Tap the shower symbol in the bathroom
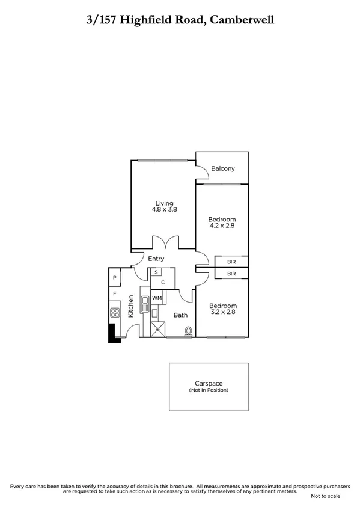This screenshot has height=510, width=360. (x=160, y=329)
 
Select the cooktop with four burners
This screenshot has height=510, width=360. (x=115, y=312)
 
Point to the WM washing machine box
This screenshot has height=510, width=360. (x=156, y=298)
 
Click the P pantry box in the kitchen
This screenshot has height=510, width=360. (x=115, y=277)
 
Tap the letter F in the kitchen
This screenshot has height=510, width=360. (x=114, y=294)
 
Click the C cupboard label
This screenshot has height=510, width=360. (x=162, y=281)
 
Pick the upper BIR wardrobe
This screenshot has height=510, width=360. (x=231, y=262)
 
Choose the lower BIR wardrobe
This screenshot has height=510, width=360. (x=231, y=273)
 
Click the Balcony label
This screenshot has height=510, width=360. (x=223, y=169)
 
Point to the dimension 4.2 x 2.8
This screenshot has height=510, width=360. (x=222, y=226)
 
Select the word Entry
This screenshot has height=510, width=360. (x=156, y=259)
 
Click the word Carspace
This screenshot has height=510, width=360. (x=209, y=384)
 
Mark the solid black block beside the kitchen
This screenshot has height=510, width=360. (x=112, y=333)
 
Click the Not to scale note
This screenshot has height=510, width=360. (x=325, y=496)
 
